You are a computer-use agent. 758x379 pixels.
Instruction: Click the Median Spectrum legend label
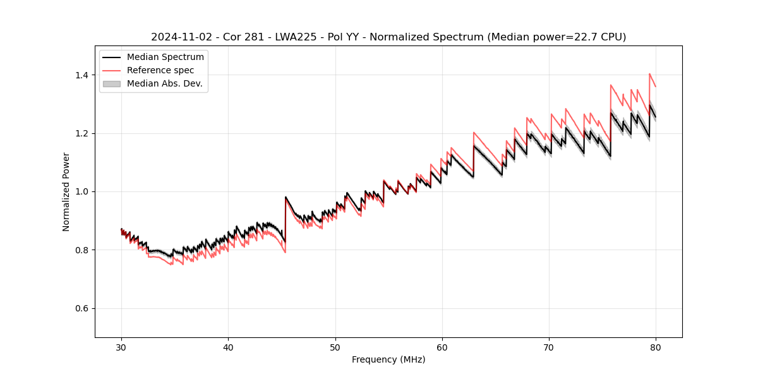point(165,57)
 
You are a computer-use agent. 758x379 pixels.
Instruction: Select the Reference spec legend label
point(160,70)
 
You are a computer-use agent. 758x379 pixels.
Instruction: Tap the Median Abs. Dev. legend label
point(164,83)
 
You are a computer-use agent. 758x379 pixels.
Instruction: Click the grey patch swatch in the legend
point(111,83)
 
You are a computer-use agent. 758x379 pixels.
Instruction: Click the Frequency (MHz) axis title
point(388,359)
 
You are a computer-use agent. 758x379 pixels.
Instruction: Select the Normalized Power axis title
point(66,191)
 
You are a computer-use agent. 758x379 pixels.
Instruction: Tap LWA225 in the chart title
point(298,37)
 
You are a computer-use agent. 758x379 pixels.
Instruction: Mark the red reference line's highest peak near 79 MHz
point(649,74)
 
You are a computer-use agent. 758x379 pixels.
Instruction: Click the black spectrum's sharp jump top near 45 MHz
point(286,197)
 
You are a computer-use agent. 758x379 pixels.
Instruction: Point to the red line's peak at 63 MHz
point(474,133)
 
